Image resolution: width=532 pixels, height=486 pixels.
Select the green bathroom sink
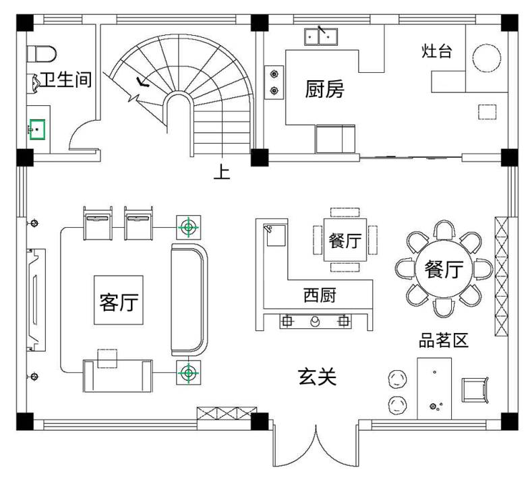[37, 129]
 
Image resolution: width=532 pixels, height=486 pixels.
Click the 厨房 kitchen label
[324, 89]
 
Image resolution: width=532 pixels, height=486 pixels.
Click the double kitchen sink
[320, 35]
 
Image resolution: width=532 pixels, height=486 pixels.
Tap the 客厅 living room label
[119, 301]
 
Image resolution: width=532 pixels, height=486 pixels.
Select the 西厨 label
[319, 295]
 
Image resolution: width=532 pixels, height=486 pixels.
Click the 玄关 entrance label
[316, 377]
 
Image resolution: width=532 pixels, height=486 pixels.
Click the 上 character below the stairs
[222, 173]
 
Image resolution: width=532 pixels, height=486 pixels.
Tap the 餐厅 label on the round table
[444, 270]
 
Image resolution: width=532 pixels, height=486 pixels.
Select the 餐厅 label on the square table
[345, 241]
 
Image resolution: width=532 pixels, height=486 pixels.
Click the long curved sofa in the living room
[189, 299]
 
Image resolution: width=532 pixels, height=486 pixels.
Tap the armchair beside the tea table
[476, 390]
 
